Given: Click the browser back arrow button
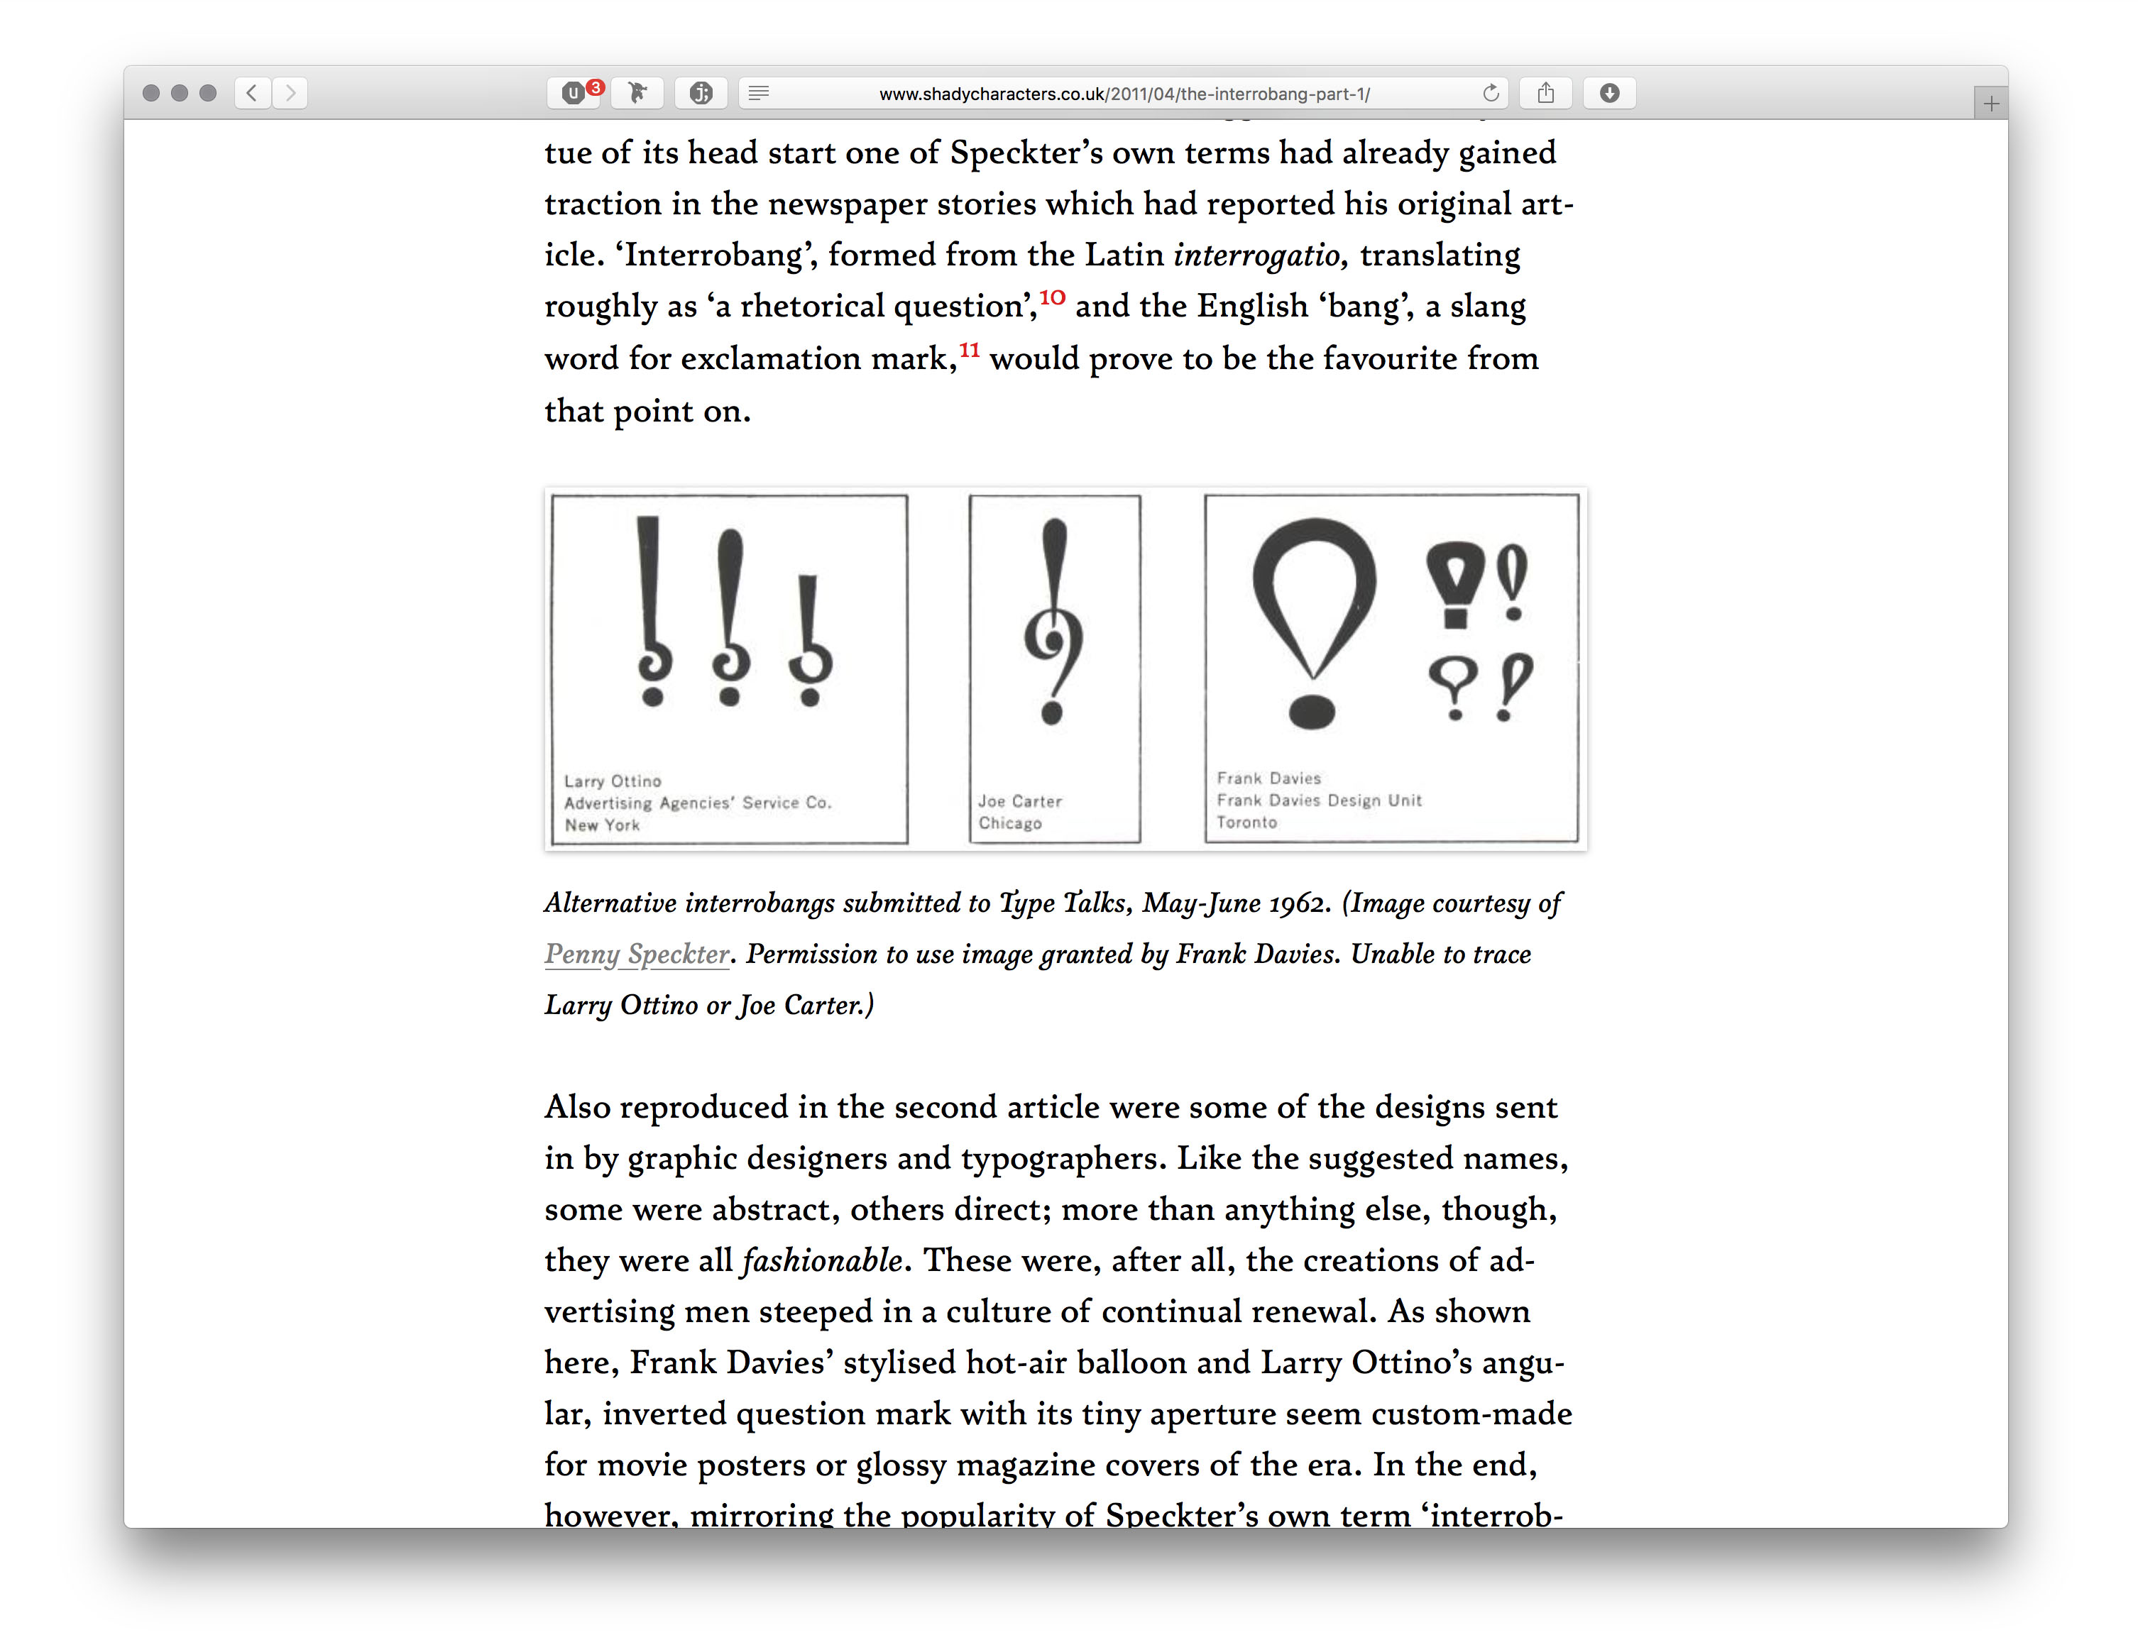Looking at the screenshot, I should click(252, 93).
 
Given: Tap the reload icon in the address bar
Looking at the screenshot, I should click(1491, 93).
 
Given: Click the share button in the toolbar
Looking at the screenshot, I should click(1545, 93).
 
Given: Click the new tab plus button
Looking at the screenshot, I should click(1990, 104).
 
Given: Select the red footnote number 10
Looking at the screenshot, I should click(1051, 297).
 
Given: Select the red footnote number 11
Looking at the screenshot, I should click(970, 349).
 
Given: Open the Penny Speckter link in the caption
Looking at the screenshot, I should click(637, 954).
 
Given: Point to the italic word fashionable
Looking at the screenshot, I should click(821, 1260).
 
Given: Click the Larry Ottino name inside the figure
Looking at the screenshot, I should click(612, 781).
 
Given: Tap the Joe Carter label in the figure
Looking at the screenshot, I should click(1019, 801).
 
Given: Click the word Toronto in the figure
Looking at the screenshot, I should click(1246, 822).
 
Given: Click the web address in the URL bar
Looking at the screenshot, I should click(1124, 94).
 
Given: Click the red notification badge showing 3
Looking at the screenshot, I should click(596, 87).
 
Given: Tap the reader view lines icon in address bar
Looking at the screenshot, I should click(759, 93).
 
